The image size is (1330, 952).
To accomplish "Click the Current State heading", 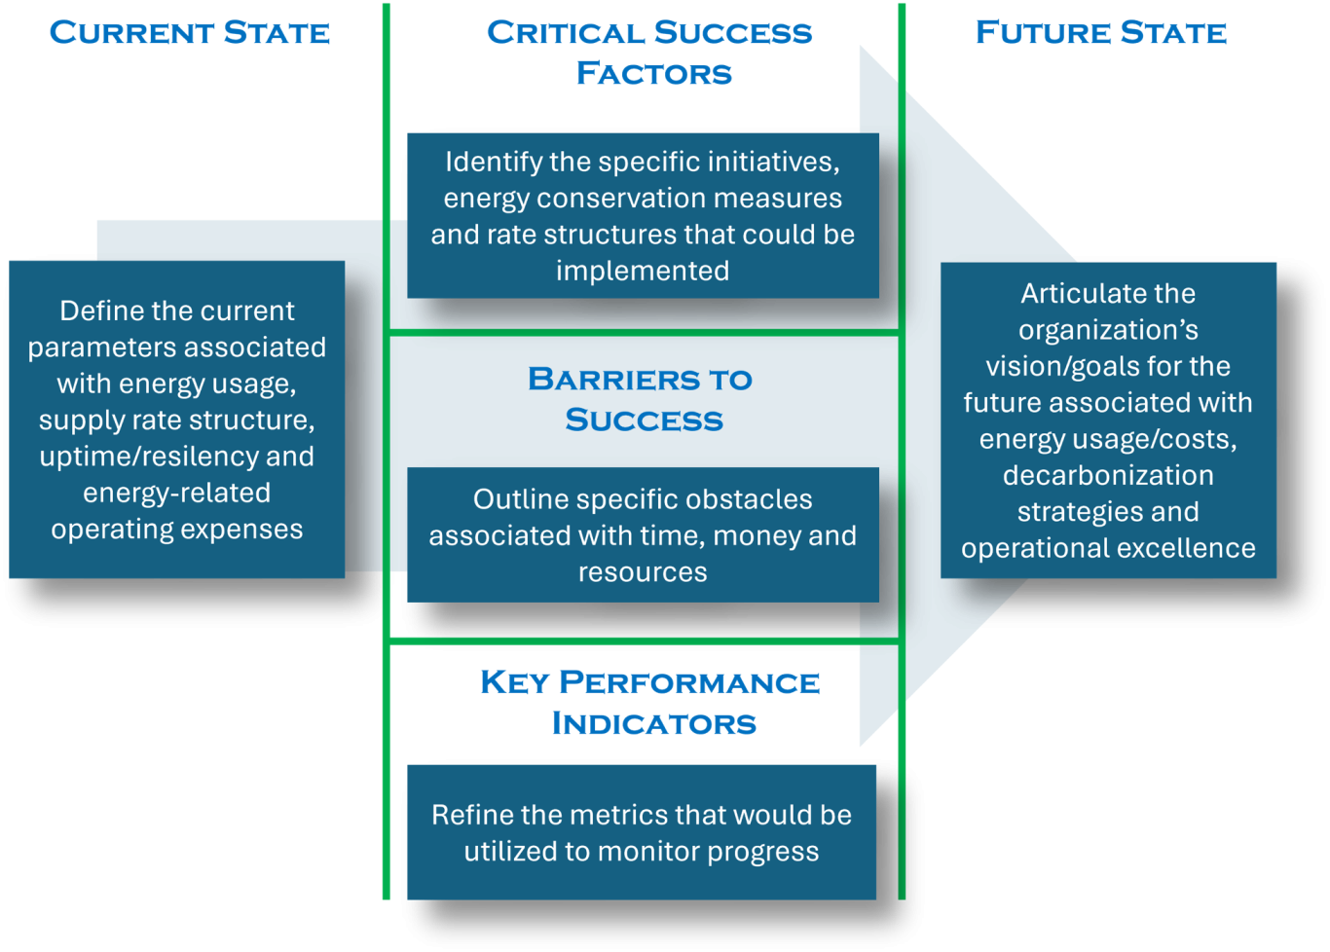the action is tap(190, 33).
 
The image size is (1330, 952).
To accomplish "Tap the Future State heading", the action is tap(1101, 33).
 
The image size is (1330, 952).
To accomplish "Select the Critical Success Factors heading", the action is tap(650, 53).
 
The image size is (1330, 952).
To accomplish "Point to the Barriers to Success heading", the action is tap(642, 399).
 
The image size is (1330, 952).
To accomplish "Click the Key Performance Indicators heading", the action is tap(650, 703).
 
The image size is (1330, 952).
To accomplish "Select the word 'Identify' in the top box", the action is tap(494, 163).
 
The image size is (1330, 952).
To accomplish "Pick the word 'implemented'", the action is tap(643, 272).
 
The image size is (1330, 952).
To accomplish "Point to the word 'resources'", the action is tap(643, 573).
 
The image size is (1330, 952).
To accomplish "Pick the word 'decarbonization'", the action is tap(1109, 475).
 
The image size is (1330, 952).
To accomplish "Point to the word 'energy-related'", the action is tap(177, 494).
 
